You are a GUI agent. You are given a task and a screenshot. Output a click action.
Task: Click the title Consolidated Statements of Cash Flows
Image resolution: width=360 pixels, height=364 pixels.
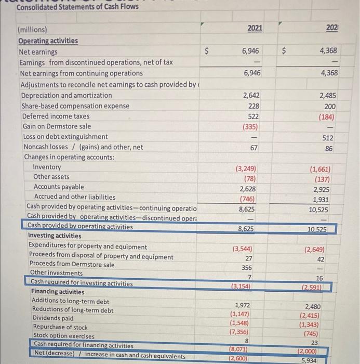click(x=77, y=7)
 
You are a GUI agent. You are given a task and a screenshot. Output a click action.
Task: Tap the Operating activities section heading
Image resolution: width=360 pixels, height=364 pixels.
click(x=48, y=41)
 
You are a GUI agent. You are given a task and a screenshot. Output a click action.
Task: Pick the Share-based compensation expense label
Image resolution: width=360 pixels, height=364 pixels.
click(x=75, y=106)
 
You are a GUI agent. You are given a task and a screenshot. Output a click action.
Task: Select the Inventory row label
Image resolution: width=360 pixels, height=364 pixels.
click(x=47, y=167)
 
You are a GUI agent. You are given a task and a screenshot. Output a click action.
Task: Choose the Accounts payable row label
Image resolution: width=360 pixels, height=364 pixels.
click(x=58, y=187)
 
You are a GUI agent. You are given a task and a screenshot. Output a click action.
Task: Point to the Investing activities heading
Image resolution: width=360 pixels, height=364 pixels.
click(x=55, y=236)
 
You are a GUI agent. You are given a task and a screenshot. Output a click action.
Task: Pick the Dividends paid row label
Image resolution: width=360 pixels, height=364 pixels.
click(x=52, y=318)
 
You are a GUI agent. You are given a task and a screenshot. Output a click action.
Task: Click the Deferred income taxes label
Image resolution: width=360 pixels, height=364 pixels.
click(x=56, y=116)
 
